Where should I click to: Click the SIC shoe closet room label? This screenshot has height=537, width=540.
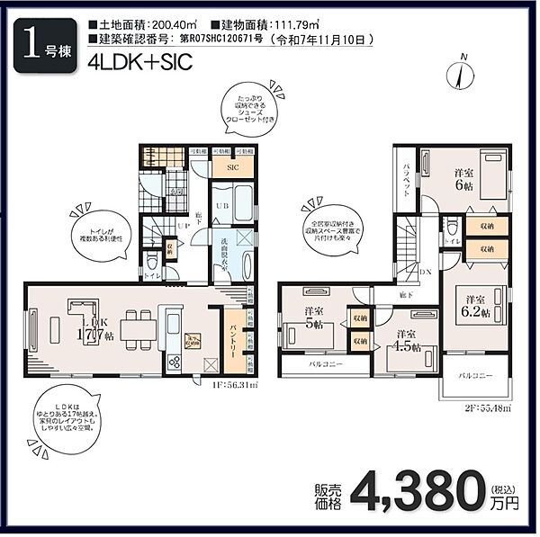click(231, 167)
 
